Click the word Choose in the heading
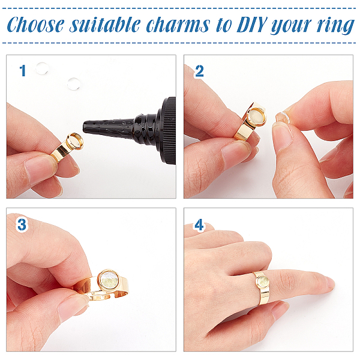pyautogui.click(x=35, y=25)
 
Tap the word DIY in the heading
pyautogui.click(x=252, y=25)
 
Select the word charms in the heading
pyautogui.click(x=178, y=25)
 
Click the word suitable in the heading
pyautogui.click(x=105, y=25)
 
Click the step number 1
pyautogui.click(x=23, y=70)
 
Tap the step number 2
pyautogui.click(x=199, y=71)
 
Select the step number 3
pyautogui.click(x=22, y=224)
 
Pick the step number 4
pyautogui.click(x=199, y=224)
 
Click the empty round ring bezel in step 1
pyautogui.click(x=74, y=141)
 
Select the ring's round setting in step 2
pyautogui.click(x=256, y=116)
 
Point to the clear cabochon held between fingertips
pyautogui.click(x=281, y=117)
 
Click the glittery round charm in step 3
pyautogui.click(x=109, y=281)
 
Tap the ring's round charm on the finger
pyautogui.click(x=262, y=282)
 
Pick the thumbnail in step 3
pyautogui.click(x=73, y=306)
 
